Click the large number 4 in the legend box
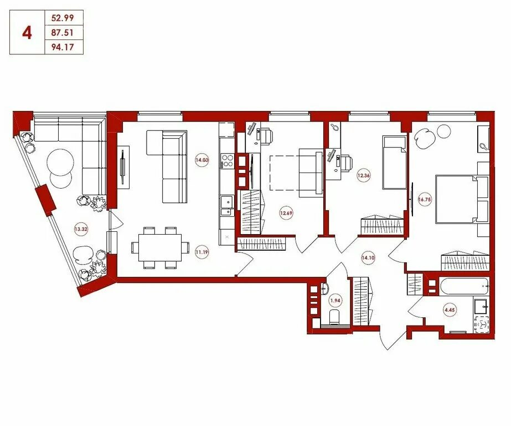[x=27, y=33]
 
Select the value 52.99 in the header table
[x=62, y=18]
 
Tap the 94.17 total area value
[x=62, y=47]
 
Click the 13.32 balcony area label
[x=81, y=229]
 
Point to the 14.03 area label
[x=202, y=160]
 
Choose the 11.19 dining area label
[x=202, y=252]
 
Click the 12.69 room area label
[x=286, y=214]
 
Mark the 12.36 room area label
[x=363, y=176]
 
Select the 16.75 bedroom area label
[x=425, y=200]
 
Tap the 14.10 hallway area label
[x=368, y=257]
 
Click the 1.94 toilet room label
[x=335, y=301]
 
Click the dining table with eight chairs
[x=160, y=247]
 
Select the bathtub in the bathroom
[x=464, y=286]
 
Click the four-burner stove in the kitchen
[x=228, y=160]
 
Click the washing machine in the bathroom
[x=482, y=324]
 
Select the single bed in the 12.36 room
[x=394, y=162]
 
